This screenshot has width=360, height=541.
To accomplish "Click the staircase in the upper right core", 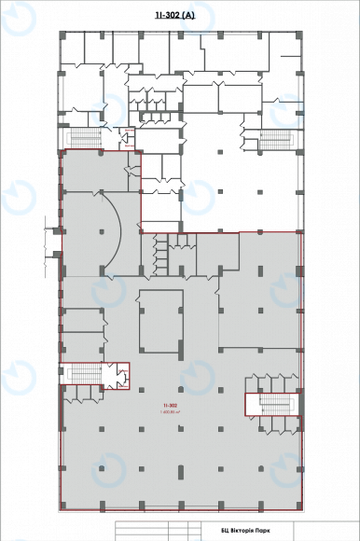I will click(x=276, y=138).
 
